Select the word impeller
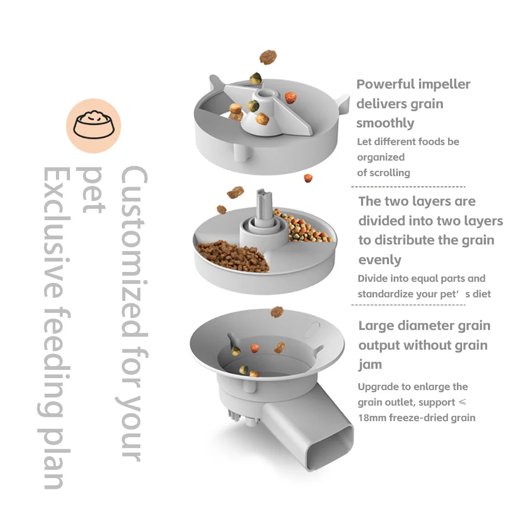445,84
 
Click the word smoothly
385,123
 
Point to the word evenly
380,260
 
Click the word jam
370,365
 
